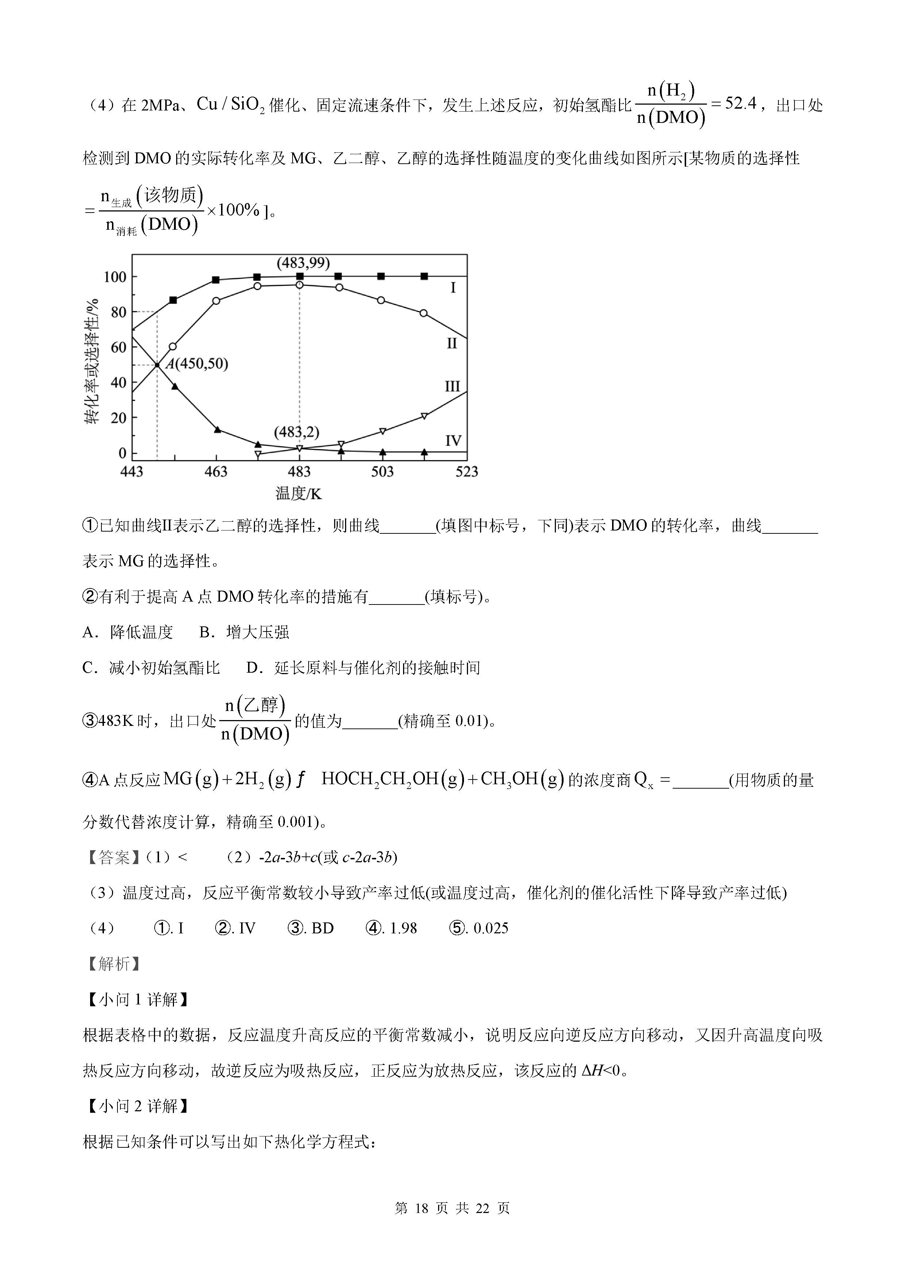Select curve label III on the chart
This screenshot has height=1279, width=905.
(x=452, y=386)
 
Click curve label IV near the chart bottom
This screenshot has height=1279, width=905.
(x=453, y=441)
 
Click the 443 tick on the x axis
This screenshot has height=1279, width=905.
(x=132, y=472)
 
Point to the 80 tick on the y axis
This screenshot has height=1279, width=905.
(x=118, y=312)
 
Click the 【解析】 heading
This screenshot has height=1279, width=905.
(x=113, y=964)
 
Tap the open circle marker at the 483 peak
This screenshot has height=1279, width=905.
(x=300, y=285)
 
